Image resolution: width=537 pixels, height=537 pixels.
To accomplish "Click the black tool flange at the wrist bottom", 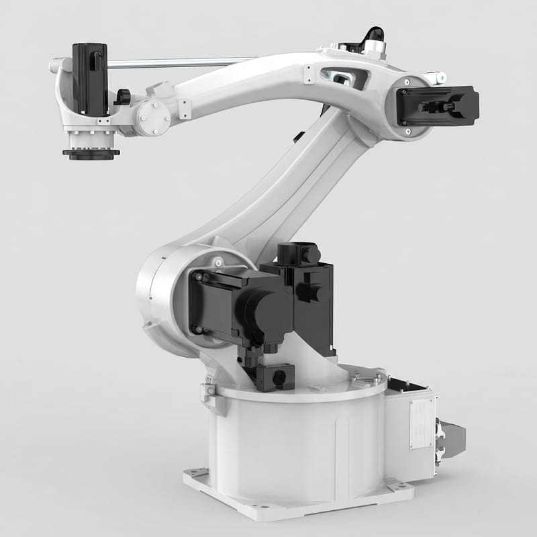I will pos(91,154).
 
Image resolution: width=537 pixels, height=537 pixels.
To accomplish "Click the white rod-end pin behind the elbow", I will pos(438,79).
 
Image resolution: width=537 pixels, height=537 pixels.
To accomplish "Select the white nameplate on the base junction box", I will pos(422,423).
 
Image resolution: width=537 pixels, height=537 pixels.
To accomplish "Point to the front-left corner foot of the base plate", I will pos(196,477).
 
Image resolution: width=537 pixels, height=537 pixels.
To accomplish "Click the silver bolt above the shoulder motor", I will pos(218,260).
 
